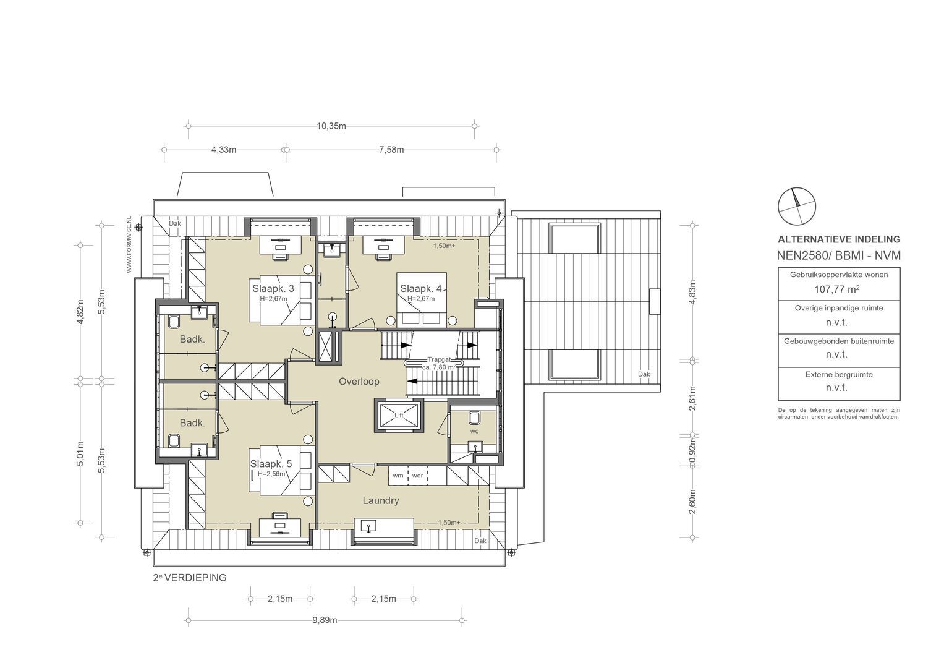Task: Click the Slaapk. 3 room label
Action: [x=273, y=288]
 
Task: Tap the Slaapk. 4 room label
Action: [x=420, y=288]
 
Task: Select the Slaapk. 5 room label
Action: [x=271, y=463]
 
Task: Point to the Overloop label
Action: [x=359, y=382]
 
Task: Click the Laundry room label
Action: [x=380, y=500]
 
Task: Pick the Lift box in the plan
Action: [x=399, y=415]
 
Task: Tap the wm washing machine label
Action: [x=398, y=476]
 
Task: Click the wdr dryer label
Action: [x=418, y=476]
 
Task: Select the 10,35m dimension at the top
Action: [x=331, y=126]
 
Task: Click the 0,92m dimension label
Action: [x=692, y=451]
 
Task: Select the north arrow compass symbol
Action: [x=796, y=206]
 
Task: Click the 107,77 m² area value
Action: [x=838, y=288]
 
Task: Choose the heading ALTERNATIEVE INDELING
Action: [x=838, y=239]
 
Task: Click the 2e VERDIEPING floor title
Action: [x=190, y=578]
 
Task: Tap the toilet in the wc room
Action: [x=475, y=416]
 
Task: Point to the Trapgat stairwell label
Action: [x=441, y=359]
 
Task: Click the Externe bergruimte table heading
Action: [x=838, y=374]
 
